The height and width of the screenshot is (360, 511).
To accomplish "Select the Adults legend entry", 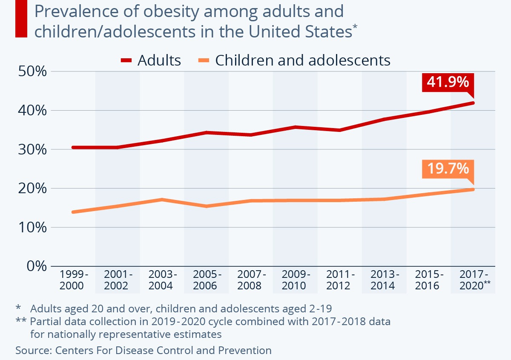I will [x=151, y=60].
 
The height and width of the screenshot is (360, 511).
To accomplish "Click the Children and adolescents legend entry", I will [x=294, y=60].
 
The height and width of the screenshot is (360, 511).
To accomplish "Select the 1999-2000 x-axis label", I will [x=72, y=280].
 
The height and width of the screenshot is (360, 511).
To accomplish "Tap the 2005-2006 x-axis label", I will [x=205, y=280].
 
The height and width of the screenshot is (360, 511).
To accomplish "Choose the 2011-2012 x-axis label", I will [x=339, y=280].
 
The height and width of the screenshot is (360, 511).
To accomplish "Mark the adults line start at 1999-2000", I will [x=73, y=148].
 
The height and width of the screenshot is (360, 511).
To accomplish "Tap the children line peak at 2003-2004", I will [x=161, y=199].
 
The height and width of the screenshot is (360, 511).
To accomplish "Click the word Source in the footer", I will [x=32, y=350].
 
